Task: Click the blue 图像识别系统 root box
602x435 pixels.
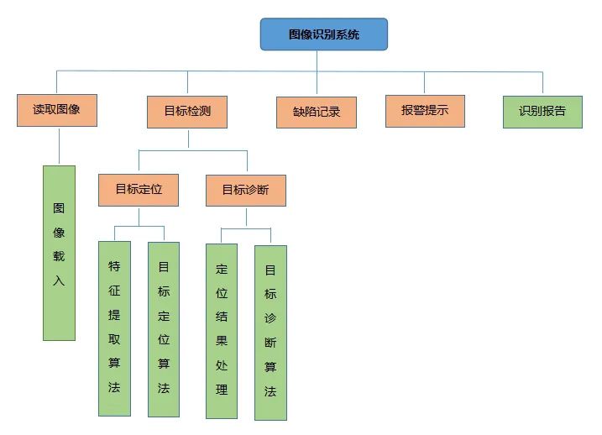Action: pos(323,34)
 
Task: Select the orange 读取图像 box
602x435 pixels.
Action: pos(57,109)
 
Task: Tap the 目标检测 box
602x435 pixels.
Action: pos(187,111)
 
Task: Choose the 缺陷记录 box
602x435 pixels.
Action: pos(317,112)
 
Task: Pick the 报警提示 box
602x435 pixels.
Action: pos(426,110)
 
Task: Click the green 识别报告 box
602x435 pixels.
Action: pos(542,111)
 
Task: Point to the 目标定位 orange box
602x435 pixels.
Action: pos(139,190)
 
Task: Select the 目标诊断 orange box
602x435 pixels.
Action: pos(246,190)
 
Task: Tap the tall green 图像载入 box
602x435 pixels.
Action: pos(59,252)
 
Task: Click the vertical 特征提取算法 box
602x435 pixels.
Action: pos(114,328)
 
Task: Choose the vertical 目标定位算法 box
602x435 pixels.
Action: pos(164,328)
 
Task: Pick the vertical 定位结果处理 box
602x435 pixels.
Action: pos(222,330)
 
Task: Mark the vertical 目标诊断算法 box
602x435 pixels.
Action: pos(270,332)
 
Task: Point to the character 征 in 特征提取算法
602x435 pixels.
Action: pos(114,291)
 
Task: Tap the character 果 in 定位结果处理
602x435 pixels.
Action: pos(222,342)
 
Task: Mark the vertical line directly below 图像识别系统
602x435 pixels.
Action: pos(317,60)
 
